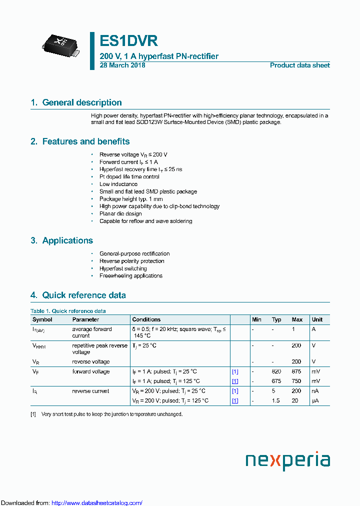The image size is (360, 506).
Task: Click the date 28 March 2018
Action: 122,65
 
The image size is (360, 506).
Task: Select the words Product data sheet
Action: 299,65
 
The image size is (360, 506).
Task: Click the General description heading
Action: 82,102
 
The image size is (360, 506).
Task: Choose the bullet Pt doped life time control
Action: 129,177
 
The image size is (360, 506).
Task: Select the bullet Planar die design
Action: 120,214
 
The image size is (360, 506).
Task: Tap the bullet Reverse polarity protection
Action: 131,261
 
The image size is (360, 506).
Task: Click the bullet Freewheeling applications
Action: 131,276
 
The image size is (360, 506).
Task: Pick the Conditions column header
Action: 146,319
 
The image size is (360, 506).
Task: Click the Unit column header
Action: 317,319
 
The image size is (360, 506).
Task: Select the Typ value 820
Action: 276,371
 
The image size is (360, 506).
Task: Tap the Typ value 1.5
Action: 276,401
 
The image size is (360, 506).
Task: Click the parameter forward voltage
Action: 90,371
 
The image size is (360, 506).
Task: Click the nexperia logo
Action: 287,460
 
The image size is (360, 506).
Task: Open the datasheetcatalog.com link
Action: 97,503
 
